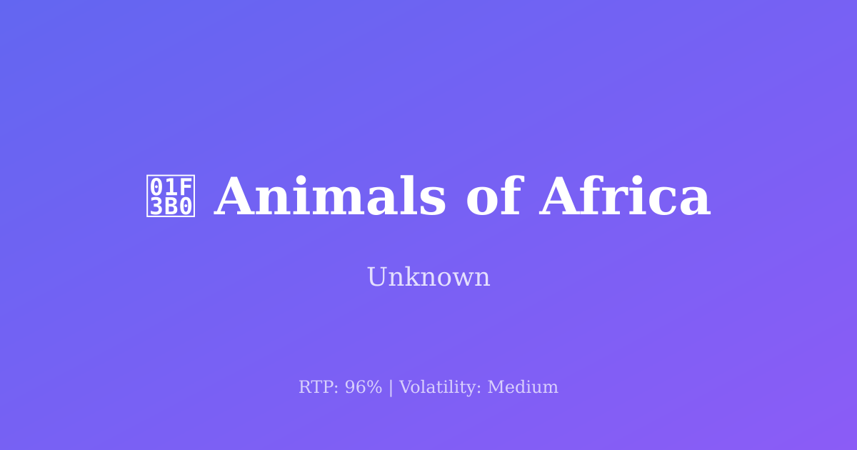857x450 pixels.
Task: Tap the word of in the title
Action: click(493, 197)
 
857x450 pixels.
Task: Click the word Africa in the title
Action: click(625, 197)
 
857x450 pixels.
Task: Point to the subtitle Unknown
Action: click(428, 277)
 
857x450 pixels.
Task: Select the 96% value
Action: click(364, 387)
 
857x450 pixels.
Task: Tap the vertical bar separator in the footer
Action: click(391, 387)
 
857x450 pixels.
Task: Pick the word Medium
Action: click(523, 387)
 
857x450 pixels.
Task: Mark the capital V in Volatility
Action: click(405, 387)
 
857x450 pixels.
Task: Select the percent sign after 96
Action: click(374, 387)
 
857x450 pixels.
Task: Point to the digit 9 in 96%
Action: click(350, 387)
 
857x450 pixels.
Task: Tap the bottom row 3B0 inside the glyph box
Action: click(171, 206)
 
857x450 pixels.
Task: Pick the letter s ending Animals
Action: click(436, 200)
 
